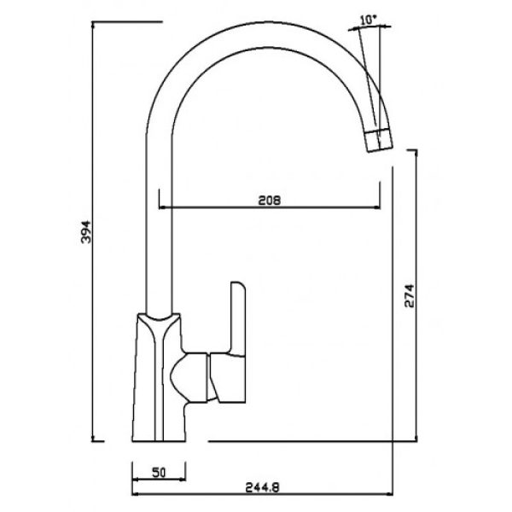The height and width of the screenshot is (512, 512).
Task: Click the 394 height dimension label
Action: [x=86, y=232]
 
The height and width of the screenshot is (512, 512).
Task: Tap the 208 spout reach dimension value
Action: [x=270, y=201]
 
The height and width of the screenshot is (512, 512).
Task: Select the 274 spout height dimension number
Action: [x=409, y=296]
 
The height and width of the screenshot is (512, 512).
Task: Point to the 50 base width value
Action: [x=159, y=473]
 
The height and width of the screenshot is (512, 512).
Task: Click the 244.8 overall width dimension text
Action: [x=262, y=488]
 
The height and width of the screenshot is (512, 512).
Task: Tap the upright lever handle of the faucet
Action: [x=238, y=318]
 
